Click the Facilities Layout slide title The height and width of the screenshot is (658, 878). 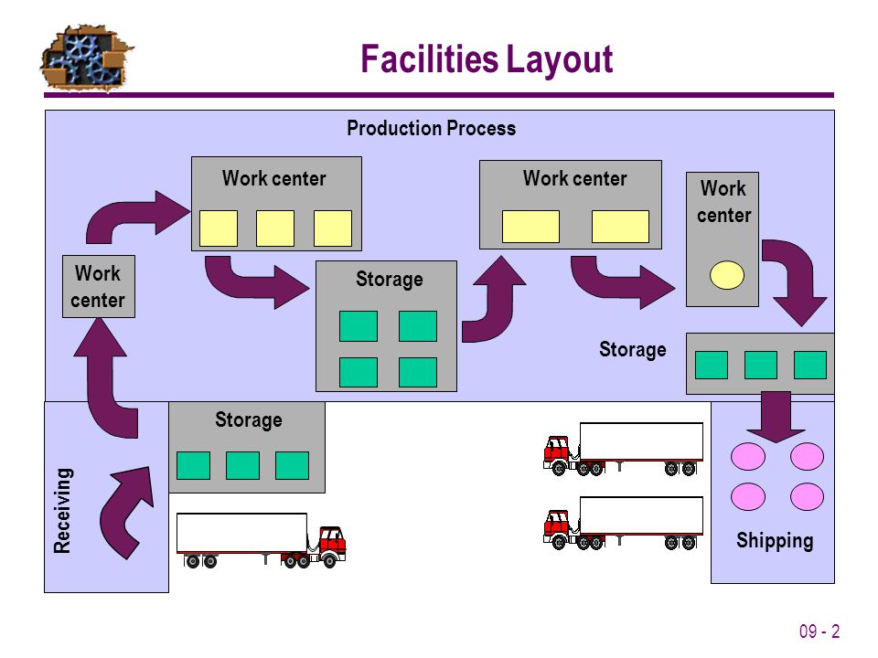coord(487,59)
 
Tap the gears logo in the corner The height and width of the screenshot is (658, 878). coord(86,58)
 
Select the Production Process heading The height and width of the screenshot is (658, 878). coord(431,128)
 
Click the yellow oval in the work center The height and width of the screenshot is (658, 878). coord(727,275)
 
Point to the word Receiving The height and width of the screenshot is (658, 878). coord(63,510)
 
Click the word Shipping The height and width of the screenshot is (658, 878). coord(775,540)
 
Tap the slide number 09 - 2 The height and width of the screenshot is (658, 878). coord(819,631)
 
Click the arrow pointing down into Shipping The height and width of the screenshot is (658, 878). coord(776,417)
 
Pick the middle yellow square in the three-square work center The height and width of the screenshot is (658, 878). coord(275,228)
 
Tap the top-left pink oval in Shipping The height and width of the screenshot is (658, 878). coord(747,456)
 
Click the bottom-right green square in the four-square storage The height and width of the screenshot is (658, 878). coord(418,373)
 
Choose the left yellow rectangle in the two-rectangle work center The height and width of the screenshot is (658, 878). coord(530,227)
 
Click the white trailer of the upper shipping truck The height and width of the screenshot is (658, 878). coord(641,442)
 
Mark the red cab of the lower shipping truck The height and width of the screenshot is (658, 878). coord(557,526)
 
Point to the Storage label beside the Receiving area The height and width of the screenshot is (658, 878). coord(249,419)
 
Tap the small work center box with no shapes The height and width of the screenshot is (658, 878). coord(99,286)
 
